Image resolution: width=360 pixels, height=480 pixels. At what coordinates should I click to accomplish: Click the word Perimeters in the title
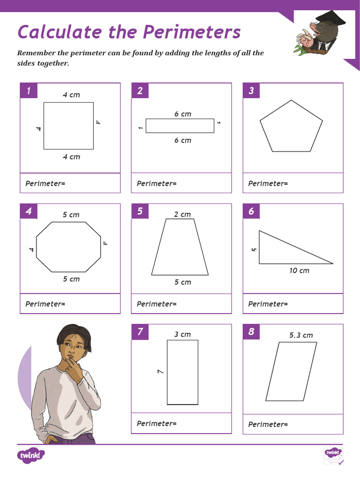click(191, 32)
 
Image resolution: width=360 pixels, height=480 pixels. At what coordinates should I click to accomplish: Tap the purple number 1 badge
click(29, 91)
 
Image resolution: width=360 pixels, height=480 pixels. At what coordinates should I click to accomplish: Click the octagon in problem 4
click(68, 247)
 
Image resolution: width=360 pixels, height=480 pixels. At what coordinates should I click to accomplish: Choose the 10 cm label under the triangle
click(299, 271)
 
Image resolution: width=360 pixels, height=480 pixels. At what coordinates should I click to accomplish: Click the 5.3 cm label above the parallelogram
click(301, 335)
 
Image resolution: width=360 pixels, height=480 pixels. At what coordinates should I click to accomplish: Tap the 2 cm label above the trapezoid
click(182, 215)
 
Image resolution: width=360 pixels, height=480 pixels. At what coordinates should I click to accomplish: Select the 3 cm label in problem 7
click(182, 335)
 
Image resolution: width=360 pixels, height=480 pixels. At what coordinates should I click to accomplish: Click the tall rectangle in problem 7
click(182, 372)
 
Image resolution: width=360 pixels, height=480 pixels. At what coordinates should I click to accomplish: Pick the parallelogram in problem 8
click(291, 371)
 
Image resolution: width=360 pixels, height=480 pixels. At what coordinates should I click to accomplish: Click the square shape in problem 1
click(68, 126)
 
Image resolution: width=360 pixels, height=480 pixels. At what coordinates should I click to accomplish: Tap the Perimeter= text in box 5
click(157, 304)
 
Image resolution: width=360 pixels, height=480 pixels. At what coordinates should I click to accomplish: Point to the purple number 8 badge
click(251, 332)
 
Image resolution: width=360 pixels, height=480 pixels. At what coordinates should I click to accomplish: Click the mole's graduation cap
click(330, 19)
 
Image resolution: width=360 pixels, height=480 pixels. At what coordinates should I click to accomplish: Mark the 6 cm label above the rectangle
click(182, 114)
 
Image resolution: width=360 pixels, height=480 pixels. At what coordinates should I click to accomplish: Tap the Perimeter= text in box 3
click(268, 184)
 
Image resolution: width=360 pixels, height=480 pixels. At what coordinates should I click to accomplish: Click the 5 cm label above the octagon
click(71, 215)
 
